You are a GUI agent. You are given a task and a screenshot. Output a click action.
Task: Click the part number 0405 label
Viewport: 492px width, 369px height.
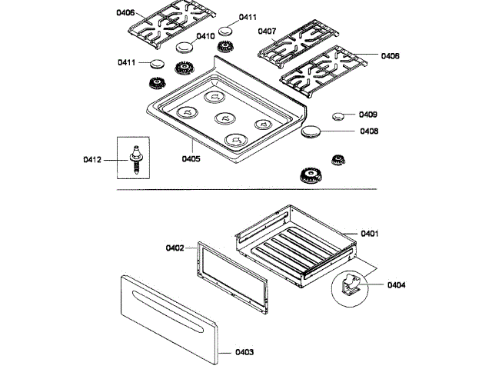tap(191, 159)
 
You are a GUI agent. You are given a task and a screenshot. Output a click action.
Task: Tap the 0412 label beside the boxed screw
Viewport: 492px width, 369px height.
tap(92, 160)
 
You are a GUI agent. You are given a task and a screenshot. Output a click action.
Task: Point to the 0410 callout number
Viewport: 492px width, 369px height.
tap(205, 36)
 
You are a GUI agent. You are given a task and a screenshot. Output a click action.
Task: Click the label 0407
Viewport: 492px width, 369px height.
tap(267, 32)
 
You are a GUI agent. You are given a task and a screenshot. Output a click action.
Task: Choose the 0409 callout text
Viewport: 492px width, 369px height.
tap(367, 115)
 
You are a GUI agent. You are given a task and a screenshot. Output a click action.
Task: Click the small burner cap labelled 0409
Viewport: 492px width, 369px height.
tap(338, 116)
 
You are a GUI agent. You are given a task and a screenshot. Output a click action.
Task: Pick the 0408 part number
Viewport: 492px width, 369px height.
tap(367, 131)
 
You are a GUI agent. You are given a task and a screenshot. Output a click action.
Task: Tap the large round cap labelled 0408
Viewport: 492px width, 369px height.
tap(313, 132)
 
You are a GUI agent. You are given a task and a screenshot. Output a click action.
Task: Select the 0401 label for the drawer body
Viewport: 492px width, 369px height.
tap(371, 234)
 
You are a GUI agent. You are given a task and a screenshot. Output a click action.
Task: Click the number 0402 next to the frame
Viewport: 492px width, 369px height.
tap(175, 248)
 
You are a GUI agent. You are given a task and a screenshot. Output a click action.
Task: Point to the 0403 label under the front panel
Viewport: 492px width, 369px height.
tap(244, 351)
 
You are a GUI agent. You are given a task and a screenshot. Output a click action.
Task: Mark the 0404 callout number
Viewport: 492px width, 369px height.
tap(397, 285)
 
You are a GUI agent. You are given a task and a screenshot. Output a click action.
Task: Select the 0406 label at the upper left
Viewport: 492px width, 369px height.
tap(126, 13)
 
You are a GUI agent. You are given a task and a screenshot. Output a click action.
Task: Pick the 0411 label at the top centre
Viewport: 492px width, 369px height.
tap(248, 17)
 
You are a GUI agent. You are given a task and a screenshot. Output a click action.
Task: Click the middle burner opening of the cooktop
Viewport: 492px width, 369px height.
tap(224, 118)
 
